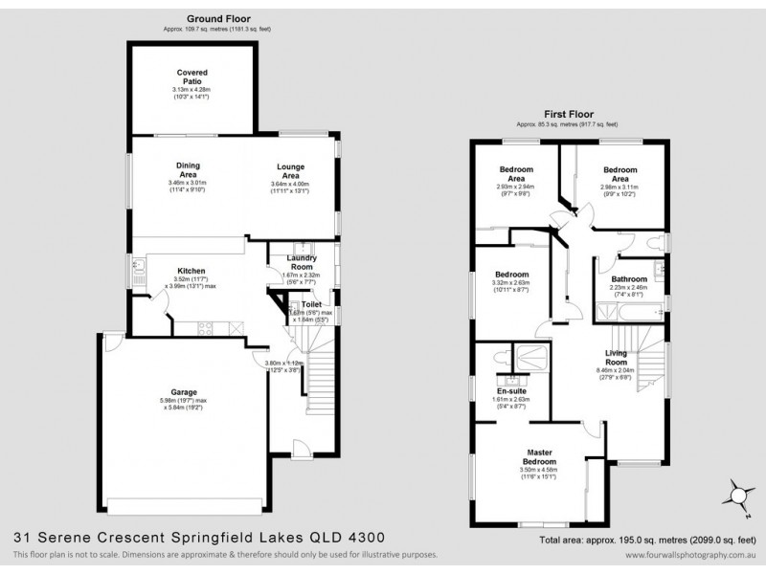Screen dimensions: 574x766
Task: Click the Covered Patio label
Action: point(191,76)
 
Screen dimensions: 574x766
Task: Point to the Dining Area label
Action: point(187,169)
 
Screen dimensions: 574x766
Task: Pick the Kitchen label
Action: point(191,271)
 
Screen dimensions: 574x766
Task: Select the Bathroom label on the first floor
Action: point(629,279)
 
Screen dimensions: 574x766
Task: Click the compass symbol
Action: point(737,494)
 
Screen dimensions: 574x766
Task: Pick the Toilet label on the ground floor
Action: point(310,303)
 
